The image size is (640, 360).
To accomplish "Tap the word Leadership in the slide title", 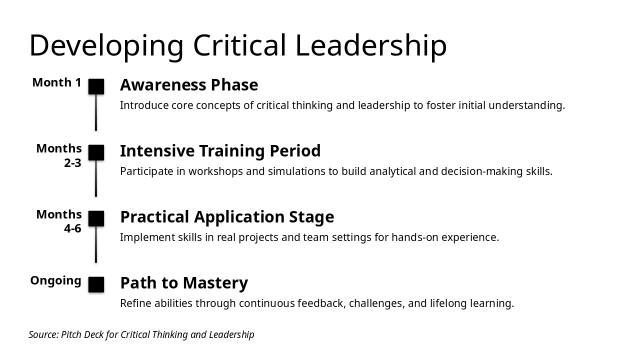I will pyautogui.click(x=371, y=46).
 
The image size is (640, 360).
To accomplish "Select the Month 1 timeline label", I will pyautogui.click(x=57, y=82).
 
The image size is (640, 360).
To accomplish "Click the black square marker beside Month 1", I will pyautogui.click(x=96, y=86).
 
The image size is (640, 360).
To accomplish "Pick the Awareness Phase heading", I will pyautogui.click(x=189, y=85).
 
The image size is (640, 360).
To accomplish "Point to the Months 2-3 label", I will pyautogui.click(x=59, y=155).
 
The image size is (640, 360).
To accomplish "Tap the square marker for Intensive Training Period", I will pyautogui.click(x=96, y=152).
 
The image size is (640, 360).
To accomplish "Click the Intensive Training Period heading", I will pyautogui.click(x=220, y=151).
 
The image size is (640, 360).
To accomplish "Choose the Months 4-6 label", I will pyautogui.click(x=59, y=221).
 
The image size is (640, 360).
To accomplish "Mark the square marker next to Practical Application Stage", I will pyautogui.click(x=96, y=218).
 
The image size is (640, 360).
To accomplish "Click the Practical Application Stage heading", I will pyautogui.click(x=227, y=217).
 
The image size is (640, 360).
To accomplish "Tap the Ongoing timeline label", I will pyautogui.click(x=56, y=280).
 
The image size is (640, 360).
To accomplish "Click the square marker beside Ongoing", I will pyautogui.click(x=96, y=284).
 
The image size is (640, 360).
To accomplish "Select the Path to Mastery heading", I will pyautogui.click(x=184, y=283).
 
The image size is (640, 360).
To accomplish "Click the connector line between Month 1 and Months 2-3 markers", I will pyautogui.click(x=96, y=112).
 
